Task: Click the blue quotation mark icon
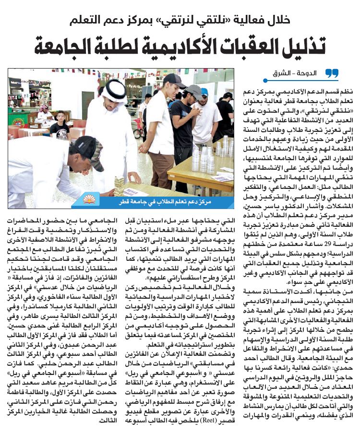pos(331,73)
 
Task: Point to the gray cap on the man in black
pos(194,91)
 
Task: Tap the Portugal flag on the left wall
pos(18,117)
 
